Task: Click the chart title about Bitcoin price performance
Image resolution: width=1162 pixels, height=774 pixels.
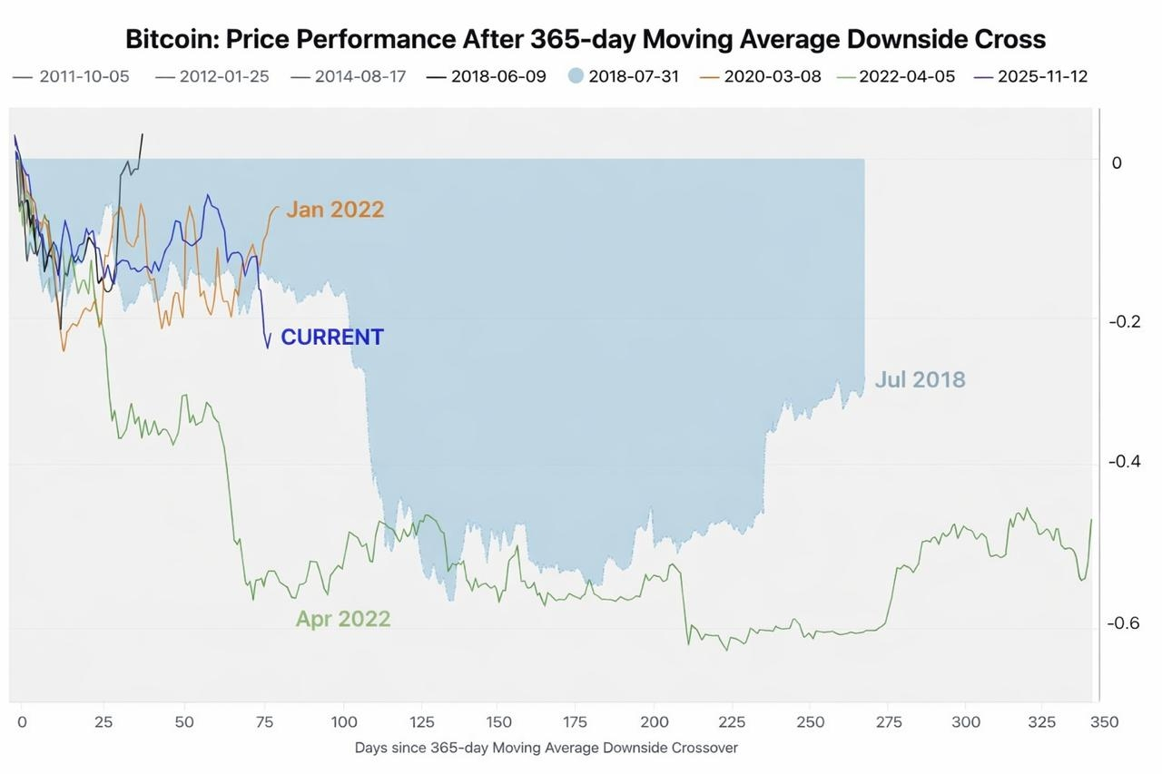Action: coord(586,40)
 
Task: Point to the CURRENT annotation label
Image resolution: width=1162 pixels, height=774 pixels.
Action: coord(332,337)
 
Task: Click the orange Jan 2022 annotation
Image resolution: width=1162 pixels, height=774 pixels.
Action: coord(335,210)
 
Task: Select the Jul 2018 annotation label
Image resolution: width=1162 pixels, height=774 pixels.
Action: coord(920,379)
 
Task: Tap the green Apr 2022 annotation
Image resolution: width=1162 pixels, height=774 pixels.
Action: coord(343,619)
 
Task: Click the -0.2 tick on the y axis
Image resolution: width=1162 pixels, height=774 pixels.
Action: coord(1125,321)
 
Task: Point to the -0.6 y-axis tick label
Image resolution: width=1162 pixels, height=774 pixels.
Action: coord(1124,623)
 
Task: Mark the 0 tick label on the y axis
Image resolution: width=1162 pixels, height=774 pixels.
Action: coord(1117,162)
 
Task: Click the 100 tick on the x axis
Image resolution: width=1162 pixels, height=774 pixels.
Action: coord(344,722)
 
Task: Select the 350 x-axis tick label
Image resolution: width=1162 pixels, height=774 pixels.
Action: coord(1105,722)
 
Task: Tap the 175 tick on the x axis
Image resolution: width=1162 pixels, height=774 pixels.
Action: coord(575,722)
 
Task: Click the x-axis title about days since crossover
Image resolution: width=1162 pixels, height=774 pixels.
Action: coord(546,748)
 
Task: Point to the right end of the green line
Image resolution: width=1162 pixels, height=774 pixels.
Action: coord(1091,520)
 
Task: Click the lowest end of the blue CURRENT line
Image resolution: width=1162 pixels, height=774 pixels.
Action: coord(268,348)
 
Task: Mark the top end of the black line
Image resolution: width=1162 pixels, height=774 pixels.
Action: coord(142,134)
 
